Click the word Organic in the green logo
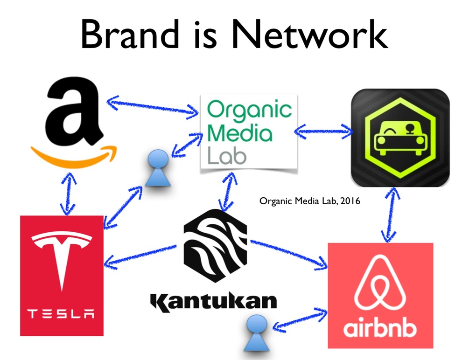coord(249,111)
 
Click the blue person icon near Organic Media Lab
coord(159,168)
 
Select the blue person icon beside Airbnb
coord(256,332)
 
